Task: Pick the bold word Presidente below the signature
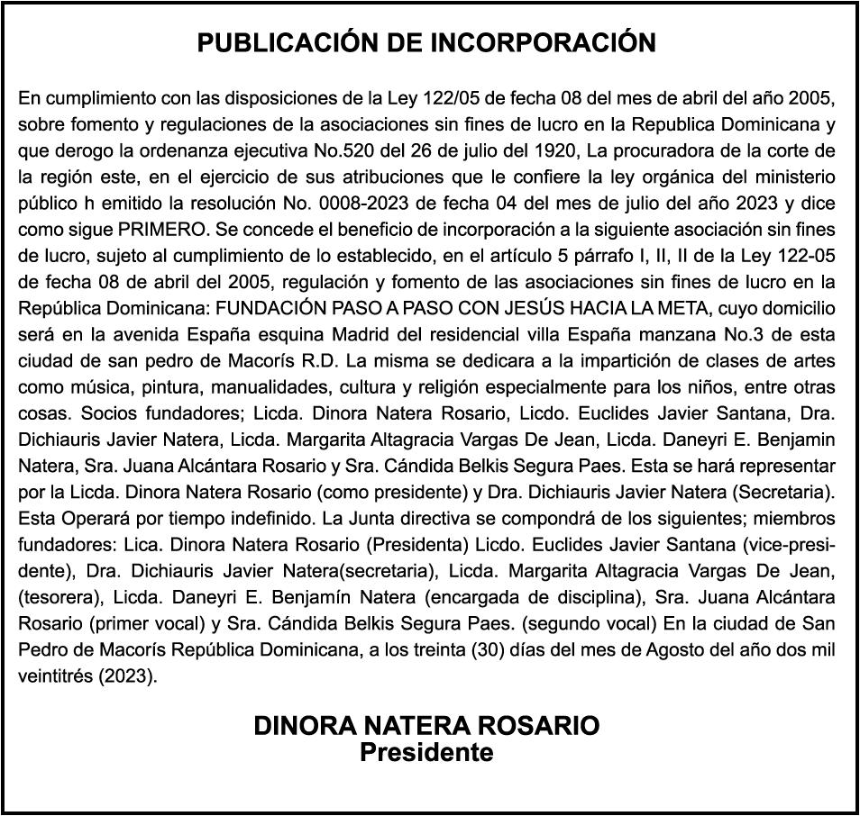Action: [x=426, y=753]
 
